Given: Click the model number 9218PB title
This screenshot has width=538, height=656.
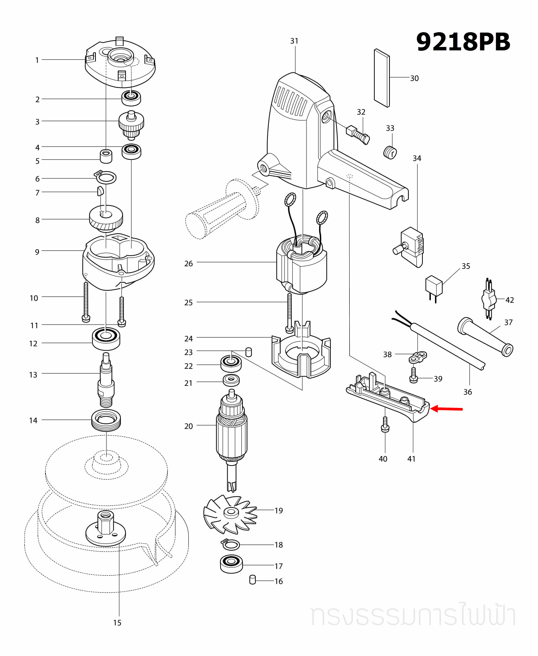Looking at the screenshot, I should click(x=463, y=42).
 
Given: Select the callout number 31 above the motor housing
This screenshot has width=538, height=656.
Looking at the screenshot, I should click(x=294, y=41).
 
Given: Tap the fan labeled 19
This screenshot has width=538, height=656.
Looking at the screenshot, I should click(x=230, y=513).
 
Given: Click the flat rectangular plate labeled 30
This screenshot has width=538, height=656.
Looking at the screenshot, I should click(x=382, y=78).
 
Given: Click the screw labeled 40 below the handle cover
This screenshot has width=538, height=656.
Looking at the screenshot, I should click(x=385, y=424).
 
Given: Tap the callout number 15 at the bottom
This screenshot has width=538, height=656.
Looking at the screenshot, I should click(x=117, y=623).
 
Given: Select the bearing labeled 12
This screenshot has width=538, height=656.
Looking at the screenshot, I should click(x=106, y=338).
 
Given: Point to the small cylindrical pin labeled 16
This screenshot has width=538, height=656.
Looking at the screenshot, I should click(x=253, y=580).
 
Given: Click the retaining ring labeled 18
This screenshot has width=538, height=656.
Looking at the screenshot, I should click(x=230, y=545).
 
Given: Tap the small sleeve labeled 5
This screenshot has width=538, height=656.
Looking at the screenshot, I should click(x=106, y=156).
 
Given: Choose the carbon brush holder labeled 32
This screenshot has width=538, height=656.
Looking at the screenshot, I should click(x=357, y=134).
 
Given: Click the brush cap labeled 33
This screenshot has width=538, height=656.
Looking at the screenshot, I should click(x=389, y=152).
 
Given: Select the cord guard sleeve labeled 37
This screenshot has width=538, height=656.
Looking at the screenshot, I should click(x=485, y=337).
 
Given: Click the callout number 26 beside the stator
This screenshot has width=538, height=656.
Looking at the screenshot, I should click(x=188, y=264).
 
